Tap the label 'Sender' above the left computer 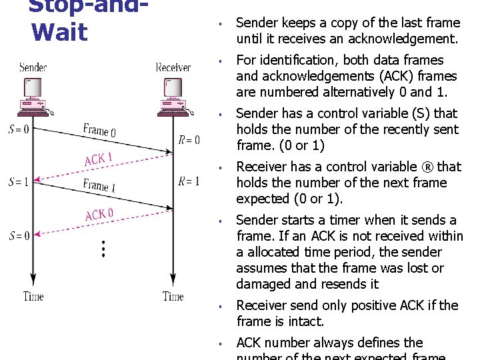click(33, 67)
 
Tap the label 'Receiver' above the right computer click(173, 67)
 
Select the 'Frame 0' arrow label click(99, 130)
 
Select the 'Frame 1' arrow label click(99, 185)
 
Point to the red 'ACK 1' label click(98, 159)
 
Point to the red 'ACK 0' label click(99, 215)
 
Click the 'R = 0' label click(189, 140)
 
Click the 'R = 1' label click(189, 181)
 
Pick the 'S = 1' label click(18, 181)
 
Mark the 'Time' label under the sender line click(33, 297)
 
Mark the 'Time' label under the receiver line click(173, 297)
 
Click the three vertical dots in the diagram click(103, 249)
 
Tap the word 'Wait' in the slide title click(59, 31)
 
